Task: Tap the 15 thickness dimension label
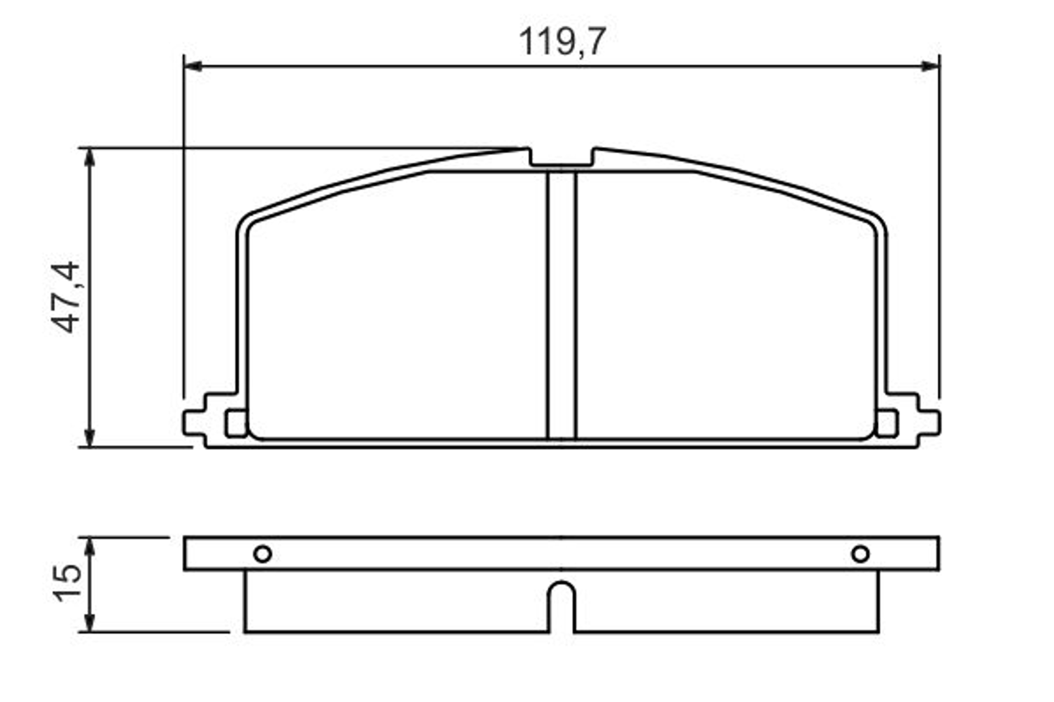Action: point(67,583)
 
